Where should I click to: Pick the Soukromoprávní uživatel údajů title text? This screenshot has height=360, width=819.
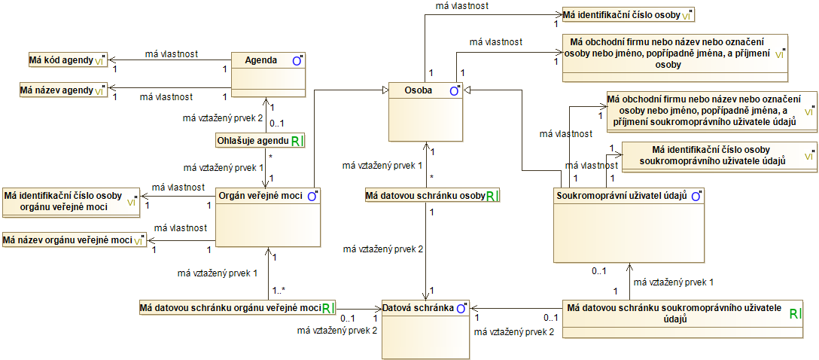[x=622, y=197]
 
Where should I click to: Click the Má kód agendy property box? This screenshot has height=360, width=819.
[x=68, y=60]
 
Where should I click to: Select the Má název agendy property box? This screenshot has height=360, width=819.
[x=63, y=90]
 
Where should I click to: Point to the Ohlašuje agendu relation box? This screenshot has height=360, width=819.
[x=260, y=141]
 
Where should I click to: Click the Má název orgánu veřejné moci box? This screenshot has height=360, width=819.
[x=75, y=240]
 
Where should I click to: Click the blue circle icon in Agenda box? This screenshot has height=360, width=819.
[x=296, y=60]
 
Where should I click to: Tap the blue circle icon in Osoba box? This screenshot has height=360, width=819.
[x=454, y=91]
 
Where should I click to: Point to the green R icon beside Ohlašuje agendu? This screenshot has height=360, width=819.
[x=296, y=141]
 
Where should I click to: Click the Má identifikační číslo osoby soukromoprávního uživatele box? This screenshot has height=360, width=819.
[x=719, y=157]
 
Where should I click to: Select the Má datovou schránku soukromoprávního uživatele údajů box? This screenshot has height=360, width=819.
[x=684, y=313]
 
